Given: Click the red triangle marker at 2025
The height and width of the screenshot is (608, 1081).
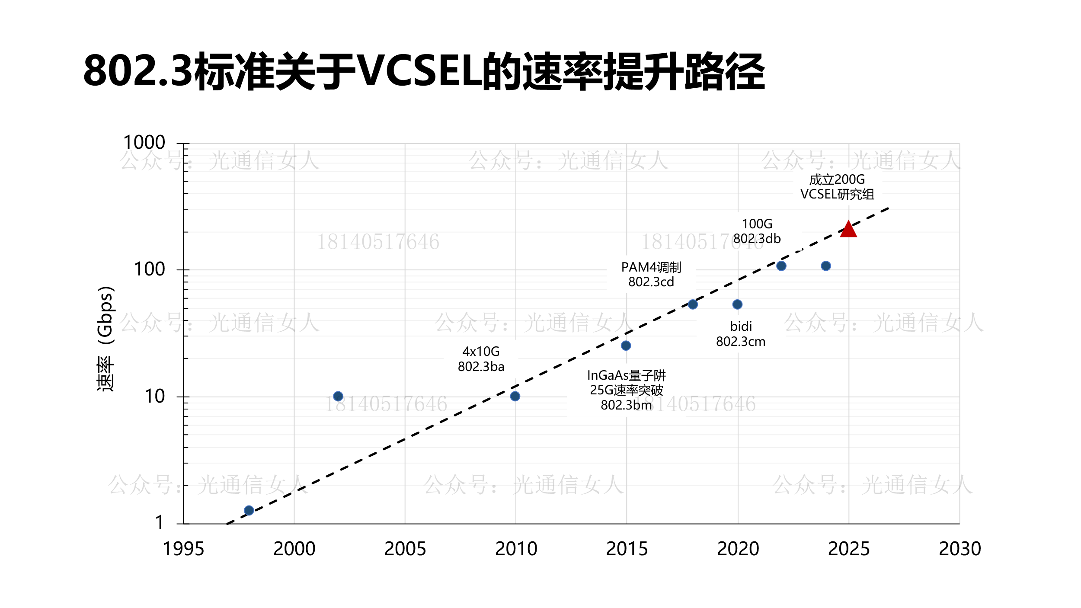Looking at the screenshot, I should click(x=848, y=230).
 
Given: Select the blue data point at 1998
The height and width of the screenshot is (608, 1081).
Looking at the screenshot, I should click(x=249, y=510).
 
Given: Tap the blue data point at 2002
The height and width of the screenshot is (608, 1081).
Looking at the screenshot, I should click(x=338, y=396).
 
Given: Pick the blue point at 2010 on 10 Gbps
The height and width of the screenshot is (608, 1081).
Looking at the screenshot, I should click(x=515, y=396).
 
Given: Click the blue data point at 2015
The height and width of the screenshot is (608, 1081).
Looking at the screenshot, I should click(x=626, y=346).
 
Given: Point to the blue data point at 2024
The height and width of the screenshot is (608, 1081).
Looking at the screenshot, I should click(x=826, y=266).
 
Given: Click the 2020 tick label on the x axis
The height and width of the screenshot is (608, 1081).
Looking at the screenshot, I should click(x=738, y=549).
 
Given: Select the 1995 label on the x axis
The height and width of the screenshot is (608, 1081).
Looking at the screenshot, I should click(x=183, y=549).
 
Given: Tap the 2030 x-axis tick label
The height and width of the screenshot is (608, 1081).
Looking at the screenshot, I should click(x=960, y=549).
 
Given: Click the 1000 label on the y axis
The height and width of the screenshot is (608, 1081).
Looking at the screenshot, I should click(x=144, y=142).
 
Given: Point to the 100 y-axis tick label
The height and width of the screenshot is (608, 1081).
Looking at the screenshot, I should click(x=150, y=269).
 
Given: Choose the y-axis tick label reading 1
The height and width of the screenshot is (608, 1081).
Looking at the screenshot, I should click(x=160, y=522).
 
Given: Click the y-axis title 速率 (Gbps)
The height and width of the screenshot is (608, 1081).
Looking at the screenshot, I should click(x=105, y=339).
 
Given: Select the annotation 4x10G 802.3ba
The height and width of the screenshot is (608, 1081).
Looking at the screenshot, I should click(x=481, y=359).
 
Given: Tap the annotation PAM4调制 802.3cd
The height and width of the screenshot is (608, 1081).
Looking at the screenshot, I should click(x=651, y=275).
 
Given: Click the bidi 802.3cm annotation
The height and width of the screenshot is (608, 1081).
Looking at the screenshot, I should click(x=741, y=334).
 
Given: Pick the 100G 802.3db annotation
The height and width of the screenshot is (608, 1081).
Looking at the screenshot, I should click(x=757, y=231).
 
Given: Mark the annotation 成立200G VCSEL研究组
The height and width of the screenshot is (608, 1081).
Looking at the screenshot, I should click(x=837, y=187).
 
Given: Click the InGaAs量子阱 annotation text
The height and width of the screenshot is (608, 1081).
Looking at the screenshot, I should click(x=627, y=375).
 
